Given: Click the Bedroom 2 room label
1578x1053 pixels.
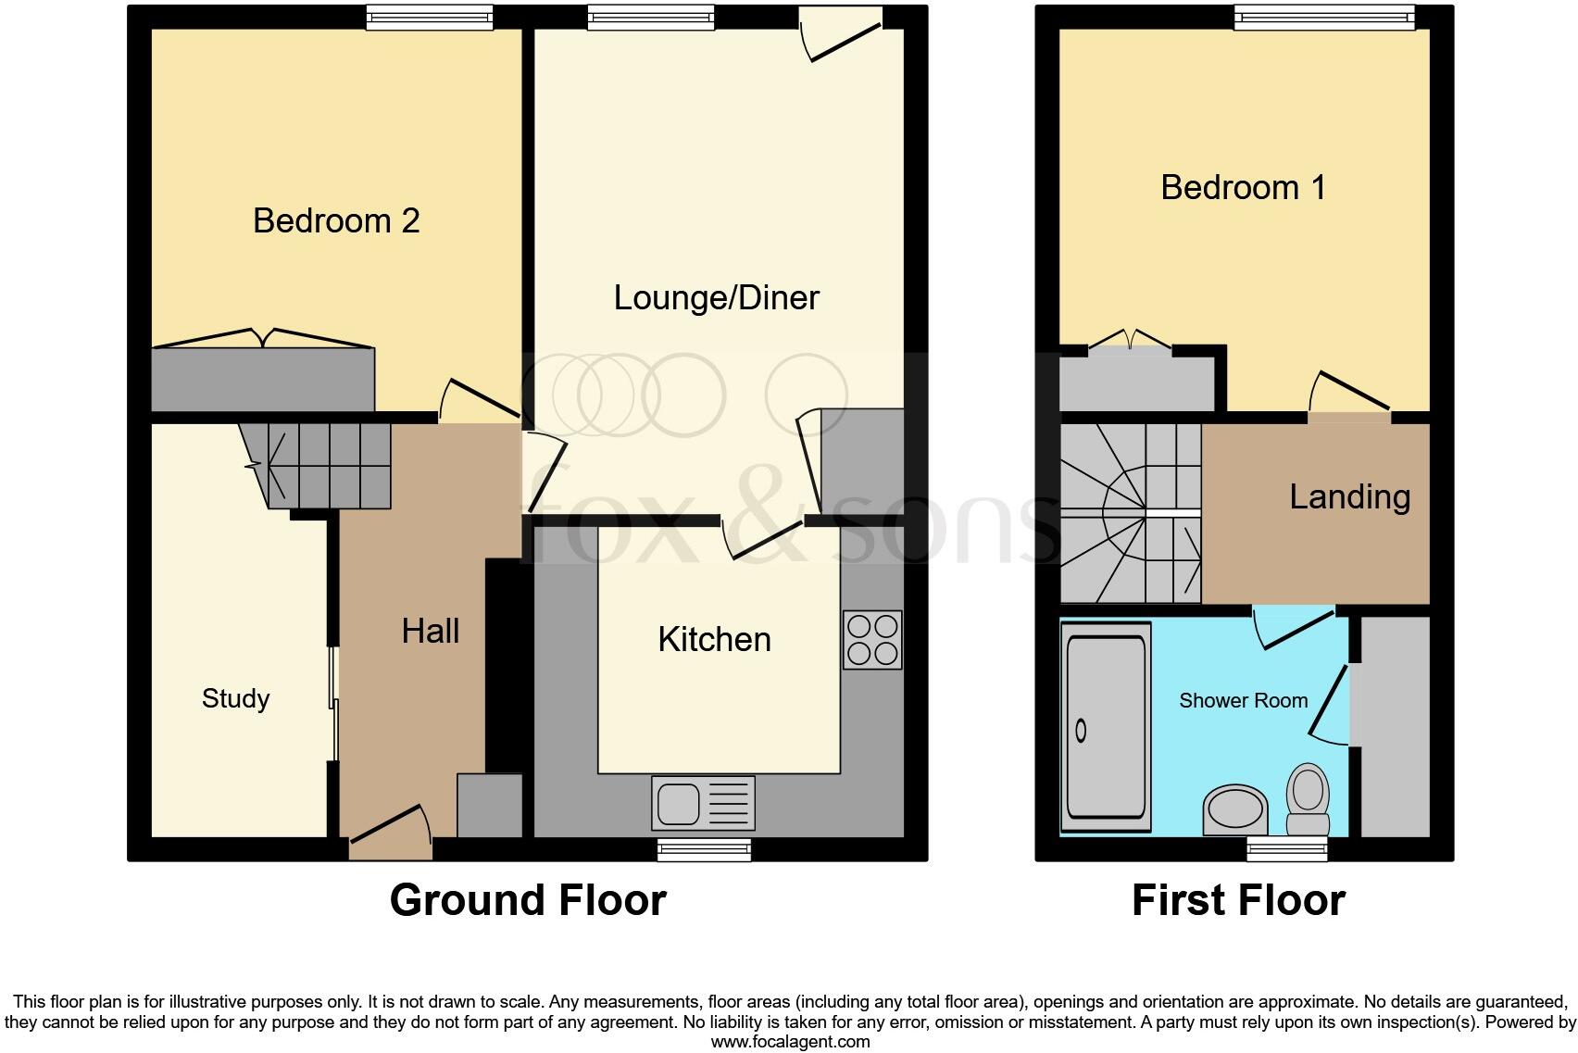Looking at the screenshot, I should tap(336, 221).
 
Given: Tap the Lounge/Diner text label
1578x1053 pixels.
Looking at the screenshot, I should tap(716, 298).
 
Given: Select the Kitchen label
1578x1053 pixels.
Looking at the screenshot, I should tap(714, 640).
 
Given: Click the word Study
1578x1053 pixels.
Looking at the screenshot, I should tap(235, 698).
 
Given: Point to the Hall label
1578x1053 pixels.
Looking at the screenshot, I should tap(430, 632).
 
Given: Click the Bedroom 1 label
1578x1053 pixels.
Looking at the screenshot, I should tap(1243, 188).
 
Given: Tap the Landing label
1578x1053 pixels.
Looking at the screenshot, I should tap(1349, 497).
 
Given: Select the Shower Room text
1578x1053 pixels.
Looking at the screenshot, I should tap(1243, 701).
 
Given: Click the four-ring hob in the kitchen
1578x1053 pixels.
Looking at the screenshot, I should tap(872, 640).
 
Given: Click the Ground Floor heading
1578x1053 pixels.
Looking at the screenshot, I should tap(528, 900).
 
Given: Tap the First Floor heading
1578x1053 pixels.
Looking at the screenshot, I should tap(1238, 900).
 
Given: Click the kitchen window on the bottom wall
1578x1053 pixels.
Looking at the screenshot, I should tap(704, 849).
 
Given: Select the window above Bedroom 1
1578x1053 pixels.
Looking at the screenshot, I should tap(1324, 17).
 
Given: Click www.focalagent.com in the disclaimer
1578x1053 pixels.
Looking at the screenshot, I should tap(790, 1042).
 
